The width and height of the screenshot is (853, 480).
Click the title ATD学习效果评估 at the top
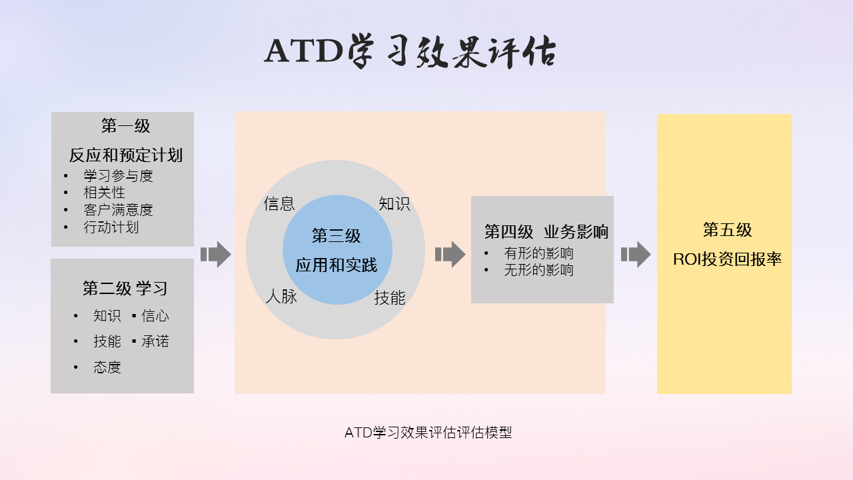pos(410,51)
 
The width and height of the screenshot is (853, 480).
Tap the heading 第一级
pos(126,126)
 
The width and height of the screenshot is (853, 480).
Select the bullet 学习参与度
pos(118,176)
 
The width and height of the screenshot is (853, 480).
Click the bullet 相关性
pos(105,193)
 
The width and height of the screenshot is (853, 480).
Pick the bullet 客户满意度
pos(118,210)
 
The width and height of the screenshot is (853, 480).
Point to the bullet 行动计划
pos(111,227)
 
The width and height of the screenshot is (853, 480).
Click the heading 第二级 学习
pos(125,289)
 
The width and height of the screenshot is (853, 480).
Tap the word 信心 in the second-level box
pos(155,316)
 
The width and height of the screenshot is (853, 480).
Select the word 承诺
pos(155,341)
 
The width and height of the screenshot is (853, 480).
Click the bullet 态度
pos(107,367)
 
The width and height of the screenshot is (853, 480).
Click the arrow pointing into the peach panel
pos(215,254)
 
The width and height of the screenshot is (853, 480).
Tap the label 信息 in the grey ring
pos(279,203)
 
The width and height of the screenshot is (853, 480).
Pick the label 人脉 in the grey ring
pos(281,296)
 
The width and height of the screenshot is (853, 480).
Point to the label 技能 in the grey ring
pos(390,297)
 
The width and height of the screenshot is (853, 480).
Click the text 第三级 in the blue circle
pos(337,236)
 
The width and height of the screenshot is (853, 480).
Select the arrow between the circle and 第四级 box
pos(450,254)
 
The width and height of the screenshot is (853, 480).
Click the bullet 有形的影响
pos(538,253)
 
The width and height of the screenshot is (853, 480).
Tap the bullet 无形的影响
pos(538,270)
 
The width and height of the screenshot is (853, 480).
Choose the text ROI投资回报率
pos(727,259)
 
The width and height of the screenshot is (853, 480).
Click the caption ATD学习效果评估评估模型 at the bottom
pos(428,433)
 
